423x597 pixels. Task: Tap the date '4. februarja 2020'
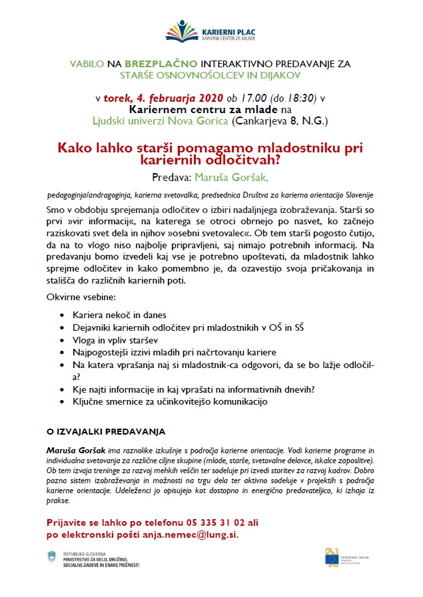pos(163,99)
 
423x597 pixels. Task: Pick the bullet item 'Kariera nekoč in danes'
pos(120,314)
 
